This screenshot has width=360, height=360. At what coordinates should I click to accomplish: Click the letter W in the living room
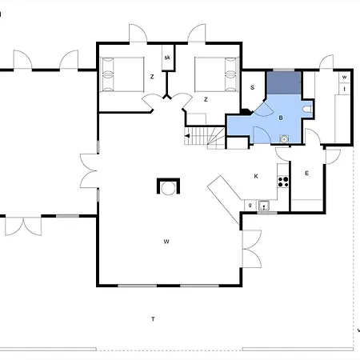166,242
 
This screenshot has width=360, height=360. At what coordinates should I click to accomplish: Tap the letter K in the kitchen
256,176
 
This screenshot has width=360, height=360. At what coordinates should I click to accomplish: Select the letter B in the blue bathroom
281,118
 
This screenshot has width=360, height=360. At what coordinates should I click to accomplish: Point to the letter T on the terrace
153,319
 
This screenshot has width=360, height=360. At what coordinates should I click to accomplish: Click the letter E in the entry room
306,174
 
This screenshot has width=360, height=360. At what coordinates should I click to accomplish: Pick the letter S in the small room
252,87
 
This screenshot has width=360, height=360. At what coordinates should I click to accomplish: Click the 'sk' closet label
167,58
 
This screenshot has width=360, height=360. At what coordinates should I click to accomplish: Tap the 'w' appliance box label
344,77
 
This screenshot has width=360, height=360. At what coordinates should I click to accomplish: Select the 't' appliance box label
345,89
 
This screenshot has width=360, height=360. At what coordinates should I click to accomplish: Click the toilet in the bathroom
307,109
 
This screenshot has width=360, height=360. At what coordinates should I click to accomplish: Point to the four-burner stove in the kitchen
283,182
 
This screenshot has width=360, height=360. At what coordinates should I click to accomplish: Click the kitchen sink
264,206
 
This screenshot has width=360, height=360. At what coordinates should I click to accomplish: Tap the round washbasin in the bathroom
284,139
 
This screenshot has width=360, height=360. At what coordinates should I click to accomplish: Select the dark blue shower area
284,82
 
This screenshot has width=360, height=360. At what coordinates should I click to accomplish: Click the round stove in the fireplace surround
168,189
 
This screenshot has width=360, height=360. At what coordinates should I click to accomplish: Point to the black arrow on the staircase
187,136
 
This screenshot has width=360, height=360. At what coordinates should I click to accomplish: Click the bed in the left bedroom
122,74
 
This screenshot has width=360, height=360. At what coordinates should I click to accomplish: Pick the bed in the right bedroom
216,74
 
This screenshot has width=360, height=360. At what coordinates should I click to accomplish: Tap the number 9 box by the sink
250,206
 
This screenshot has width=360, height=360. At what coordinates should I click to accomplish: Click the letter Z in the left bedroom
152,77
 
